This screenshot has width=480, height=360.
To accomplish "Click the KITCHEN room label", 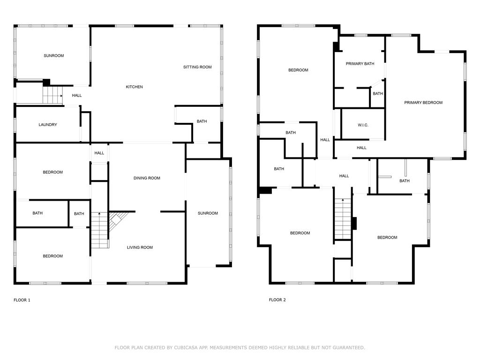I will pyautogui.click(x=134, y=87).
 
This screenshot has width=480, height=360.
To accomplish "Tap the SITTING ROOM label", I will pyautogui.click(x=197, y=67).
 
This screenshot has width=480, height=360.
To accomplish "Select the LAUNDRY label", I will pyautogui.click(x=48, y=125).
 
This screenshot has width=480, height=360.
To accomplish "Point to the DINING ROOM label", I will pyautogui.click(x=147, y=178).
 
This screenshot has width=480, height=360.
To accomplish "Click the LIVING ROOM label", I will pyautogui.click(x=140, y=247).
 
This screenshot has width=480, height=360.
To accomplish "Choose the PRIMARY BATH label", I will pyautogui.click(x=360, y=64).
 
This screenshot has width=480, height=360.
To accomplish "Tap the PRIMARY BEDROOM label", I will pyautogui.click(x=423, y=103).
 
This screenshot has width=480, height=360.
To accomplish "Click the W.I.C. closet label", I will pyautogui.click(x=363, y=125).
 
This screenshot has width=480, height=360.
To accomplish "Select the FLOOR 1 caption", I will pyautogui.click(x=22, y=300).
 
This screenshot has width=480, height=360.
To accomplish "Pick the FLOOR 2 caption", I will pyautogui.click(x=277, y=300).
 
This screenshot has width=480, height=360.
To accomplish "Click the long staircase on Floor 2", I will pyautogui.click(x=343, y=219).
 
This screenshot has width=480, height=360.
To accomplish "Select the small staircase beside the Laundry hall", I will pyautogui.click(x=52, y=95).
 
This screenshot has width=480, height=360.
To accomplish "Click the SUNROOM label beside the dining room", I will pyautogui.click(x=208, y=213).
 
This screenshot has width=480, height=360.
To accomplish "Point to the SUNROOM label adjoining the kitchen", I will pyautogui.click(x=53, y=56).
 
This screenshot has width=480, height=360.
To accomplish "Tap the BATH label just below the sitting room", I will pyautogui.click(x=202, y=121).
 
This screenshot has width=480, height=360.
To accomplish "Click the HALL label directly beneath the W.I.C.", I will pyautogui.click(x=361, y=148).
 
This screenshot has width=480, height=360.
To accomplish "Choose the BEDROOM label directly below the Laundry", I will pyautogui.click(x=52, y=172).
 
